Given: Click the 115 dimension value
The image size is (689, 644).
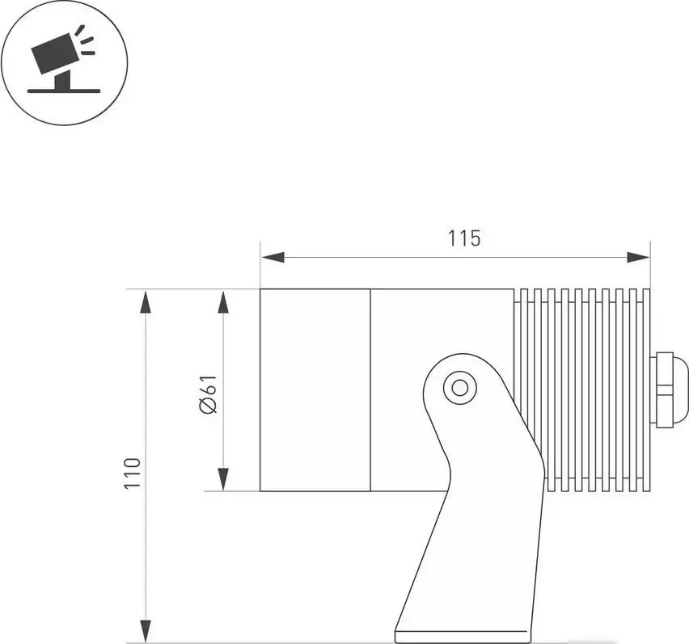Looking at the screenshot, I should [464, 238].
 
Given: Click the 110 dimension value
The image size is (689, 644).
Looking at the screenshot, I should [133, 472].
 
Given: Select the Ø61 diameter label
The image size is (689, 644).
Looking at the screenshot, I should [208, 395].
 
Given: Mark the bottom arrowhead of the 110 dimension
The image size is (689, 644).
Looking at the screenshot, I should [146, 630].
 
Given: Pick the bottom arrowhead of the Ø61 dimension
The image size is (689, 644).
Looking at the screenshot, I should [223, 478].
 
